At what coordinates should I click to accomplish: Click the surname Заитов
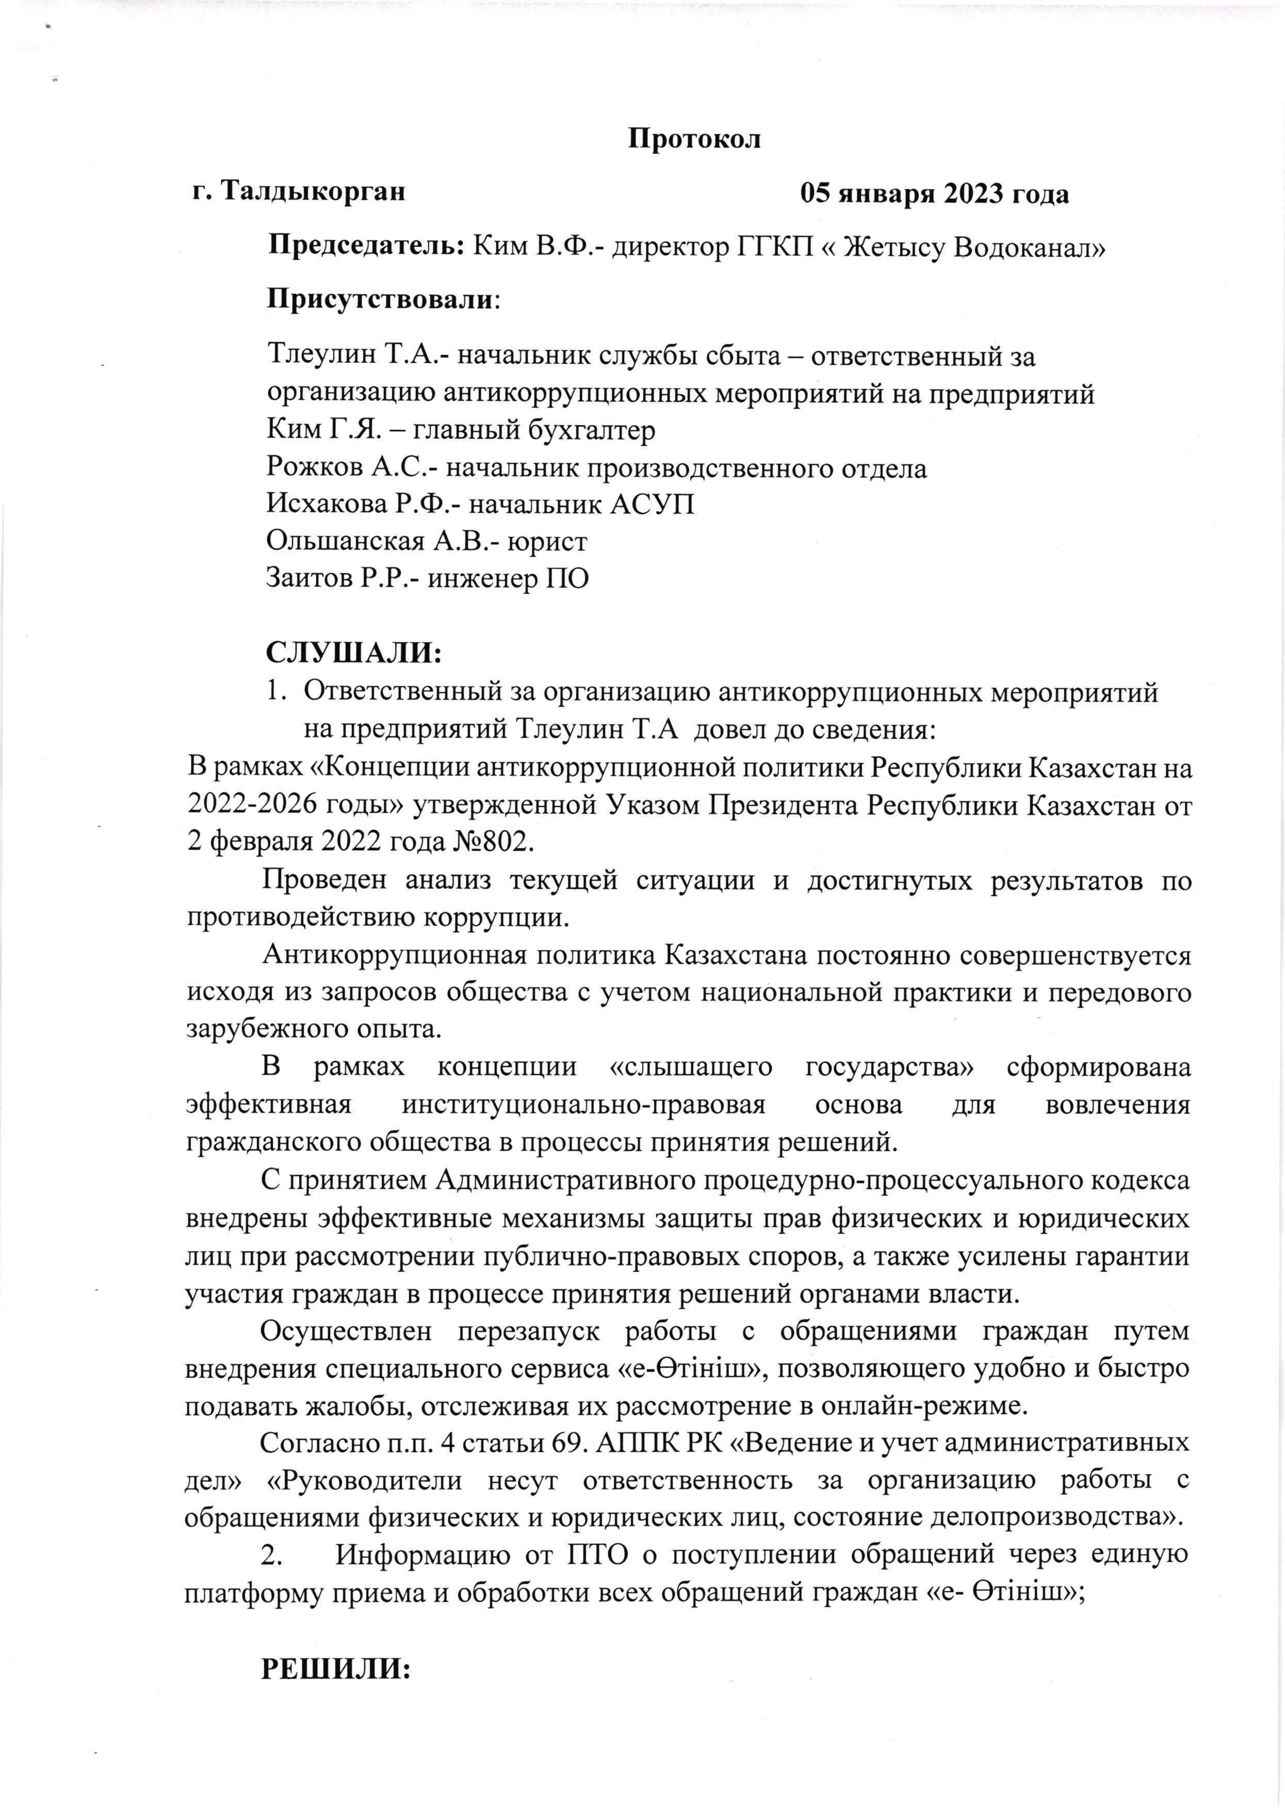(x=312, y=578)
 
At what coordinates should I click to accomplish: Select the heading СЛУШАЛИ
(x=353, y=654)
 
